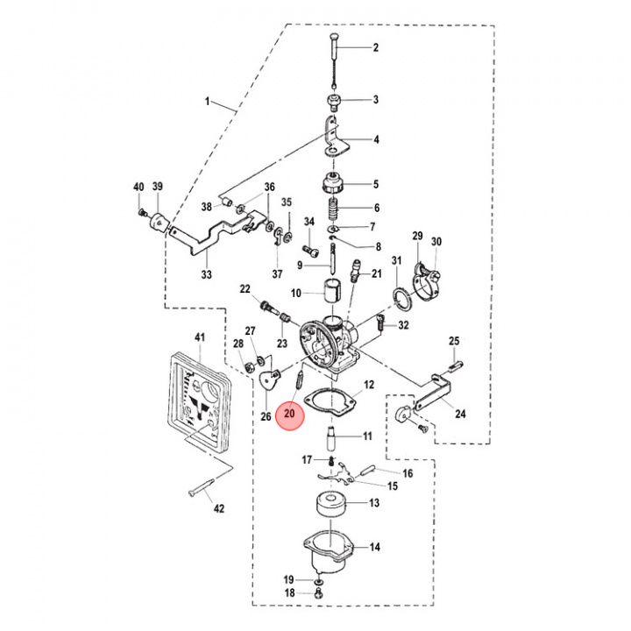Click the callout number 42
(220, 508)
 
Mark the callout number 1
(208, 103)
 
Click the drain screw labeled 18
(318, 593)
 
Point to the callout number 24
(460, 414)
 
